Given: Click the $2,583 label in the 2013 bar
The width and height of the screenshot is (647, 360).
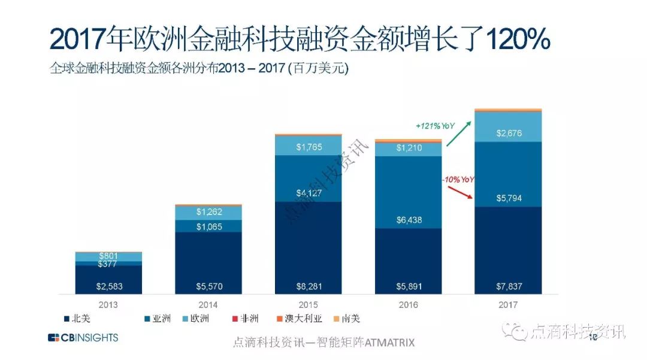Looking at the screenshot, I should (x=108, y=286).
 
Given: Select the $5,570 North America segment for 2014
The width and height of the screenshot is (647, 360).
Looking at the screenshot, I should (x=208, y=286).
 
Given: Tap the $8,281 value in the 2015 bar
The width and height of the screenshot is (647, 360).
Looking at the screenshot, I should (x=309, y=286).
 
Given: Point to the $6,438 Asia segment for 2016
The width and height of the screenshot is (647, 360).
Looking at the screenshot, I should (x=409, y=220).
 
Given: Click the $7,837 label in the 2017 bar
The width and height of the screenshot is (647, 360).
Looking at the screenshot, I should (x=509, y=286).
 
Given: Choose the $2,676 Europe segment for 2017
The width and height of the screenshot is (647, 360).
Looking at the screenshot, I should (x=509, y=133).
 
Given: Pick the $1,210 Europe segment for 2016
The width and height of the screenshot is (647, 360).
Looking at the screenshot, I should (x=409, y=147).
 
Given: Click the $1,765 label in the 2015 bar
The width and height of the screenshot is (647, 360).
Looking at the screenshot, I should (x=309, y=146).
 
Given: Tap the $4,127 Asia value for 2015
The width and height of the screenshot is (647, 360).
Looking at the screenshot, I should (x=309, y=193).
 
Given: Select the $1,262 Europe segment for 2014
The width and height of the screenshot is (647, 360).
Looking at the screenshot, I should (x=208, y=211).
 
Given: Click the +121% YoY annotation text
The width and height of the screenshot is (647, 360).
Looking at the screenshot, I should (x=436, y=126).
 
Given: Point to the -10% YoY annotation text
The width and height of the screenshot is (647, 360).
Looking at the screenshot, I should (x=458, y=180).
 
